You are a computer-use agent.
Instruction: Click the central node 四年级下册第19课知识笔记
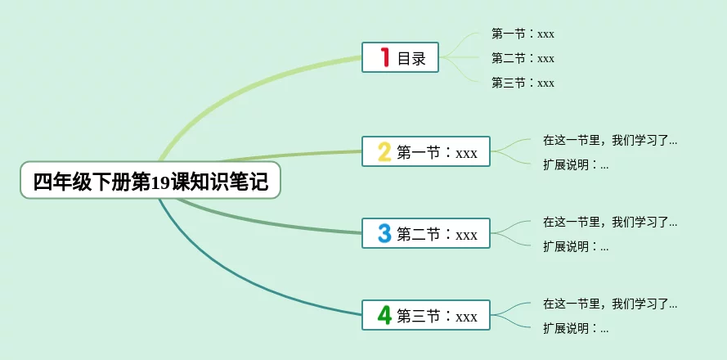pos(150,180)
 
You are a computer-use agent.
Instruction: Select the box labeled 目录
pos(400,57)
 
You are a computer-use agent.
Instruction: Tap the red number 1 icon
pos(385,57)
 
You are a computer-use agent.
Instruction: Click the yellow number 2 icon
pos(384,151)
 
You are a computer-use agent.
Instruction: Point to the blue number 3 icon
pos(384,233)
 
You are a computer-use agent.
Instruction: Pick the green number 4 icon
pos(384,315)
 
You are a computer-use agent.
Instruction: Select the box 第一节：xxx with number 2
pos(425,151)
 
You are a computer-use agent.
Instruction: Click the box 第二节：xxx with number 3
pos(425,233)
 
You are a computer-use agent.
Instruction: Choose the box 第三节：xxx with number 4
pos(425,315)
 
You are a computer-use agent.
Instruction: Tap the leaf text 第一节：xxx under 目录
pos(523,34)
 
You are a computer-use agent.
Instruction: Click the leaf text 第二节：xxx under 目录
pos(523,58)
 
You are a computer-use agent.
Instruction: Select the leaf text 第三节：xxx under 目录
pos(523,83)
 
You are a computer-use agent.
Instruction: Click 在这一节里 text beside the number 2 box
pos(610,140)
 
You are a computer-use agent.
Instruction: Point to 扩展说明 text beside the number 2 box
pos(576,164)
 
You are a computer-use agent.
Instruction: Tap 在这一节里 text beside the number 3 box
pos(610,222)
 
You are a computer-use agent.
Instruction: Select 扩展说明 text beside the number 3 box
pos(576,246)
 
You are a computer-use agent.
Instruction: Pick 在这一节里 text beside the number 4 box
pos(610,304)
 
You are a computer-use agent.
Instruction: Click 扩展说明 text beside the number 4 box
pos(576,328)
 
